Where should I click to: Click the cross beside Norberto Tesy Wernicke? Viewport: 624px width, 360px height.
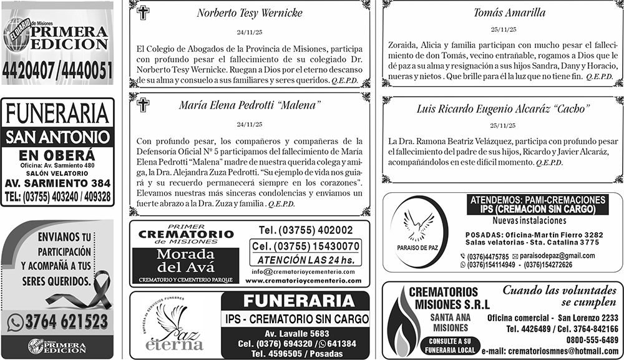(x=143, y=13)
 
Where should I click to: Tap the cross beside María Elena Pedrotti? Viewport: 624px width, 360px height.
(x=143, y=104)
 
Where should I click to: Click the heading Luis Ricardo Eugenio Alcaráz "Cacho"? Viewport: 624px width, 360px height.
(x=503, y=109)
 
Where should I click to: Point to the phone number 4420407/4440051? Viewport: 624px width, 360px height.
(x=57, y=71)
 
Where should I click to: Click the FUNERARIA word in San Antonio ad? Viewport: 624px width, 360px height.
(x=57, y=114)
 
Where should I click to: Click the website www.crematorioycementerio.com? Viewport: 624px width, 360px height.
(x=303, y=281)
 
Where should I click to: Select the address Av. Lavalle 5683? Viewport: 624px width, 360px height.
(x=296, y=334)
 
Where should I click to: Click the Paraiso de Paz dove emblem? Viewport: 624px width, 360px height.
(x=419, y=224)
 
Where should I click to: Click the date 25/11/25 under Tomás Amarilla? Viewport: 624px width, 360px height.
(x=503, y=29)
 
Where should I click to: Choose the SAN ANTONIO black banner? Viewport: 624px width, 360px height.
(x=57, y=137)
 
